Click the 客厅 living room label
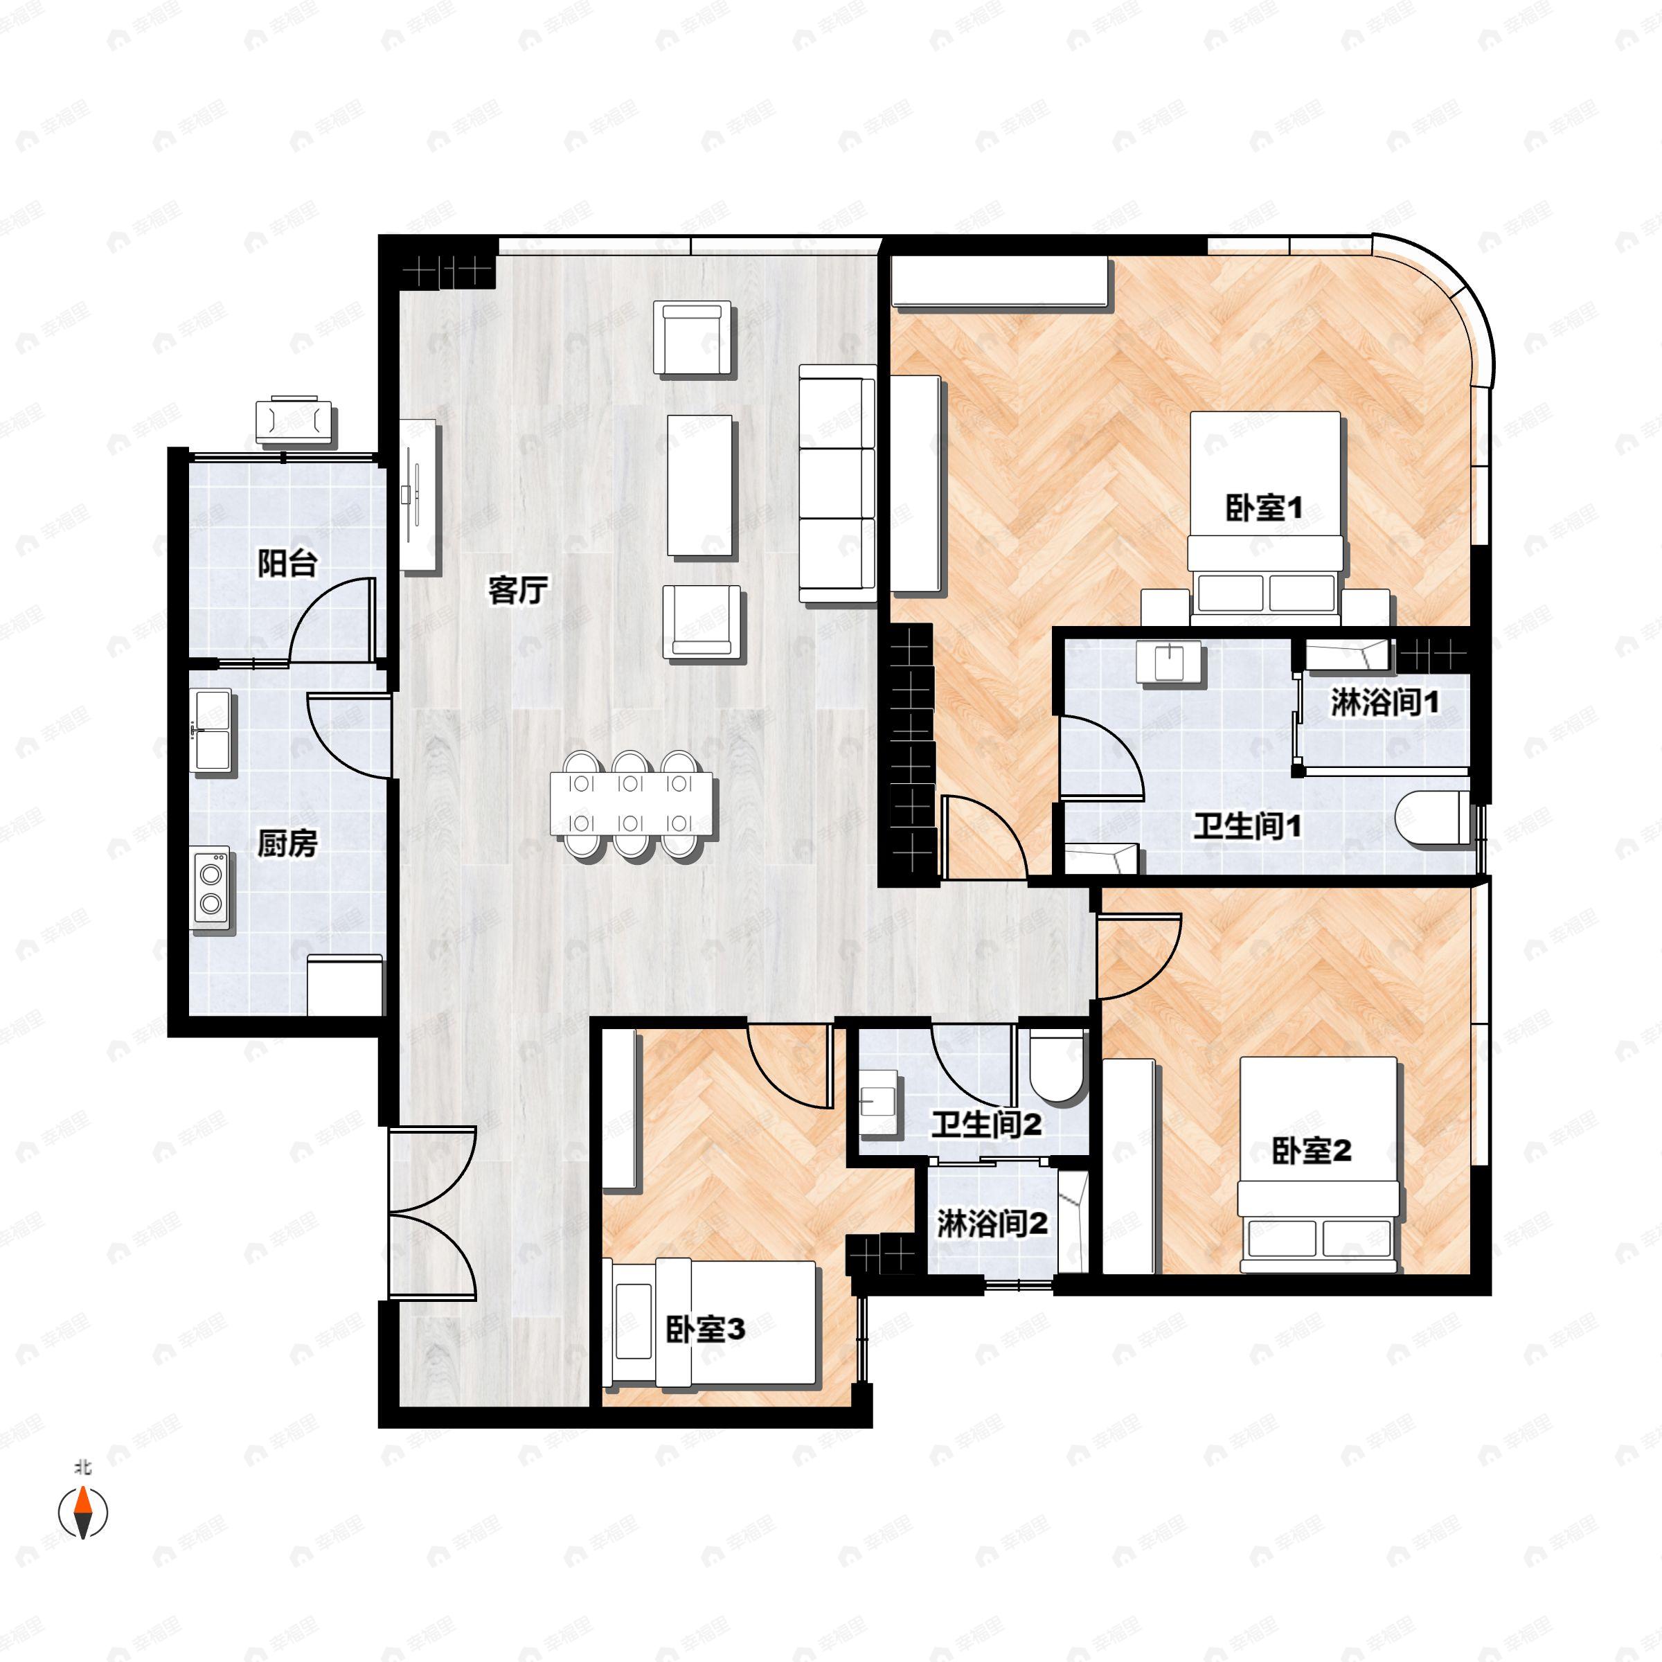point(518,590)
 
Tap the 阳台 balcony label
point(288,564)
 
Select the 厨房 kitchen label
point(287,844)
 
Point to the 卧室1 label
point(1264,508)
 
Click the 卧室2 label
point(1312,1151)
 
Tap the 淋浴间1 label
point(1385,703)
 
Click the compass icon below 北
point(82,1512)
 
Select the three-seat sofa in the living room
point(838,483)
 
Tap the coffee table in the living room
point(700,487)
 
